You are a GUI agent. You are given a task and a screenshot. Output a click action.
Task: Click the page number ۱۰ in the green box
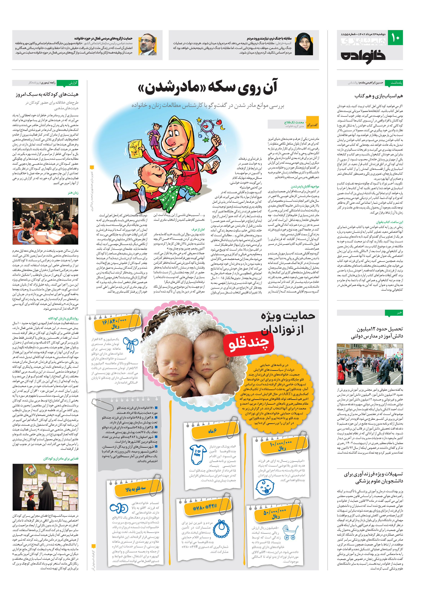click(x=396, y=38)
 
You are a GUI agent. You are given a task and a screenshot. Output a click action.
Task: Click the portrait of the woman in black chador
click(x=304, y=44)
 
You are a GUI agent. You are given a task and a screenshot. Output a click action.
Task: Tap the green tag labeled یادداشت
click(x=396, y=83)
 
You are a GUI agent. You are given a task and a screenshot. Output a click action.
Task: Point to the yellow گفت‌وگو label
click(x=312, y=125)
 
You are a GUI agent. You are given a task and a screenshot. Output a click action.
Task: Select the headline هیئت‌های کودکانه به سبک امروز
click(x=47, y=94)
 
